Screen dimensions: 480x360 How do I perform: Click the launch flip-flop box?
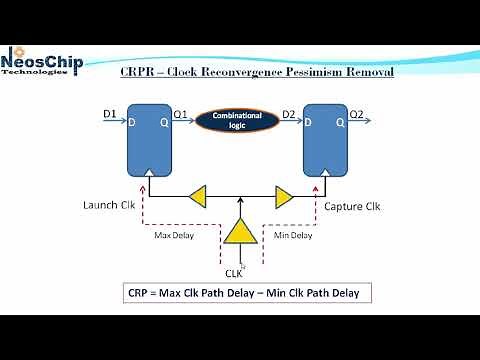click(149, 139)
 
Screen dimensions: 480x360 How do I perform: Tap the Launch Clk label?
click(108, 207)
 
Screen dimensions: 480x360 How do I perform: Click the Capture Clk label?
click(350, 207)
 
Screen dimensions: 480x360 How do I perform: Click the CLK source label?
click(235, 272)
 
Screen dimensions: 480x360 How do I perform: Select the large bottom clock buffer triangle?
click(240, 233)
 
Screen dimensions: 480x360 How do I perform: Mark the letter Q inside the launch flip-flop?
click(164, 122)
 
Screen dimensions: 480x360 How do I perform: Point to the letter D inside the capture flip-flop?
click(310, 122)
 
